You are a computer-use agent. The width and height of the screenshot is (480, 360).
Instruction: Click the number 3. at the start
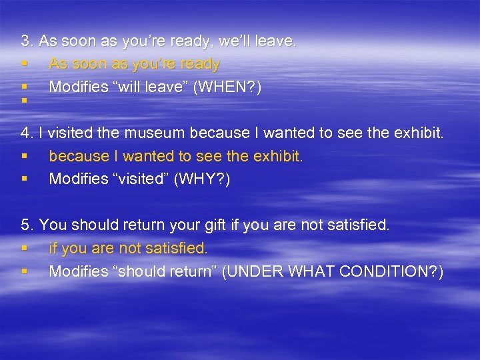point(27,41)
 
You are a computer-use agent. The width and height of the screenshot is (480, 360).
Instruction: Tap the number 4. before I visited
point(27,133)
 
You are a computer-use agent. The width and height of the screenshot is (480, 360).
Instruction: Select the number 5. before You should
point(27,225)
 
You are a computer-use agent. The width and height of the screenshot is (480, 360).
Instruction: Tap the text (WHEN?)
point(227,87)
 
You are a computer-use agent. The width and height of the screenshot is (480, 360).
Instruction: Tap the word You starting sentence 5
point(53,225)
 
